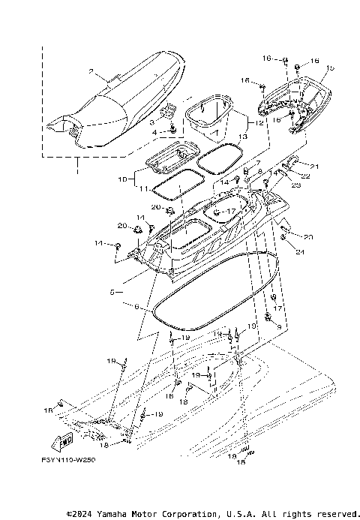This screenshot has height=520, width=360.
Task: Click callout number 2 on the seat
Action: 91,73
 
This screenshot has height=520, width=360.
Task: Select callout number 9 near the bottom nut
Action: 277,327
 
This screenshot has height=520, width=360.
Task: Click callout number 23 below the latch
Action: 296,185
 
